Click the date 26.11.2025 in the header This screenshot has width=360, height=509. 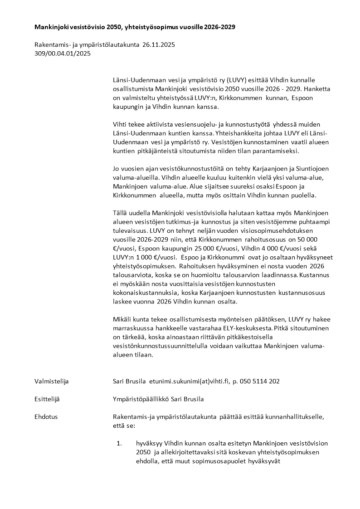pos(159,45)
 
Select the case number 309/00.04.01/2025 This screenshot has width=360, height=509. pos(63,53)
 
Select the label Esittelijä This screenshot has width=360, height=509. pos(47,399)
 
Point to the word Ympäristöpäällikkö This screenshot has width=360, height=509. pos(141,399)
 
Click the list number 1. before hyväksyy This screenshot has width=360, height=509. pos(120,443)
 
